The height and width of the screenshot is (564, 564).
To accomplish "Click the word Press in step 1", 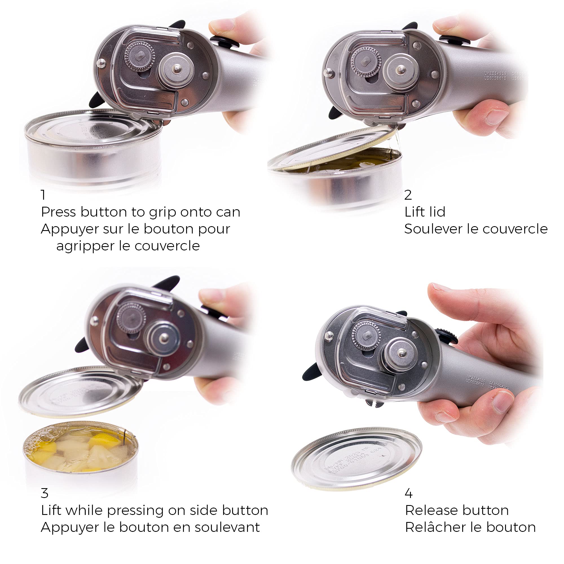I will [58, 212].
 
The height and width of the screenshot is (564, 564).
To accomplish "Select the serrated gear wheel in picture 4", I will [366, 335].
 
